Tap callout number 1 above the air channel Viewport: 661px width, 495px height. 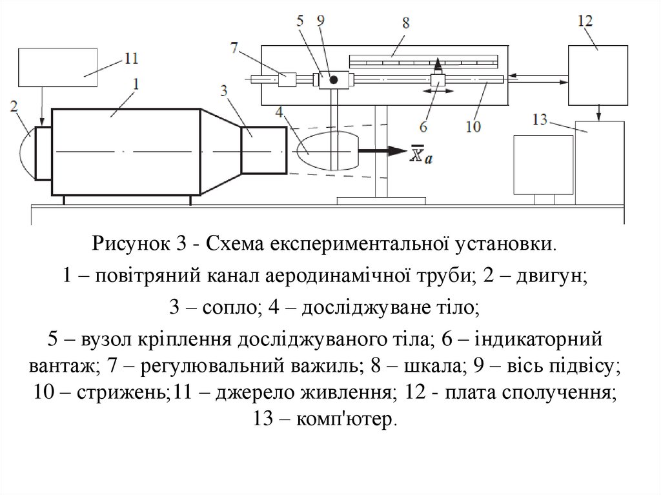tap(136, 83)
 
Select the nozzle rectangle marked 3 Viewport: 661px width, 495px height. tap(263, 151)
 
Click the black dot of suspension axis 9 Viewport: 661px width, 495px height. tap(334, 80)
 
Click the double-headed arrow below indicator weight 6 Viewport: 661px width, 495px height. tap(437, 93)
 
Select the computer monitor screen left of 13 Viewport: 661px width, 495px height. tap(543, 165)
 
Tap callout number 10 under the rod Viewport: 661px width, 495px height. tap(473, 127)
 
